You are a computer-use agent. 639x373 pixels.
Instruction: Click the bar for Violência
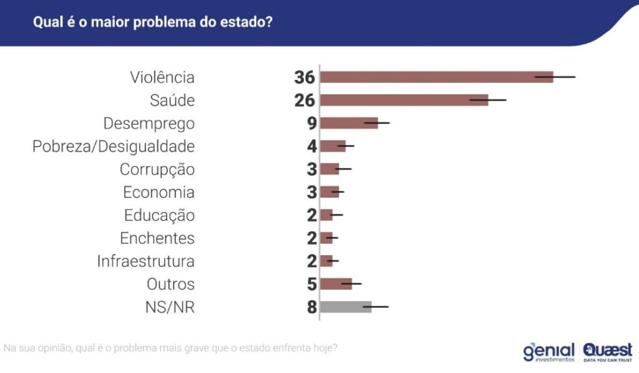[x=436, y=77]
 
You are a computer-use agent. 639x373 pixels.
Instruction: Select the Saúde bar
[x=404, y=100]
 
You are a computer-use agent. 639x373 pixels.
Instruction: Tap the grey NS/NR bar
[x=346, y=307]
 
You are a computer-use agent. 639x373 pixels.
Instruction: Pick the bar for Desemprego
[x=349, y=124]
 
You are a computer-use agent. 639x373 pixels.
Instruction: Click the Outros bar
[x=336, y=284]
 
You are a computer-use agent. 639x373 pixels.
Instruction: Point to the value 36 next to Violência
[x=305, y=78]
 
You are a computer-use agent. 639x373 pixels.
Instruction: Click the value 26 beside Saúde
[x=305, y=101]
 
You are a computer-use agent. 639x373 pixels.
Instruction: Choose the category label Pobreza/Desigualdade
[x=114, y=147]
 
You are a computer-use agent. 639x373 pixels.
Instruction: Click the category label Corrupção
[x=157, y=170]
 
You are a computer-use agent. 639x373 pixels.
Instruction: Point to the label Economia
[x=159, y=193]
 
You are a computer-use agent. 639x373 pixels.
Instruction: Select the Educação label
[x=159, y=216]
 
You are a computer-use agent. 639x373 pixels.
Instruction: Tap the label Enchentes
[x=157, y=238]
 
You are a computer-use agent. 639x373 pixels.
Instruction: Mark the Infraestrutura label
[x=146, y=261]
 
